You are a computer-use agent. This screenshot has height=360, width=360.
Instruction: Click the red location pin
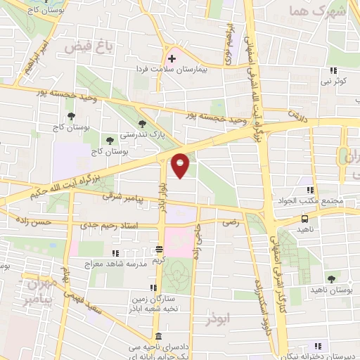(181, 165)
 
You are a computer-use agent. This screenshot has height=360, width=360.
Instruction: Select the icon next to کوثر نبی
(333, 70)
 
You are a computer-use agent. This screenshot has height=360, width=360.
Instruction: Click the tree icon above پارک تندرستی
(143, 124)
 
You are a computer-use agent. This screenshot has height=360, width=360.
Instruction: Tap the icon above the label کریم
(160, 250)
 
